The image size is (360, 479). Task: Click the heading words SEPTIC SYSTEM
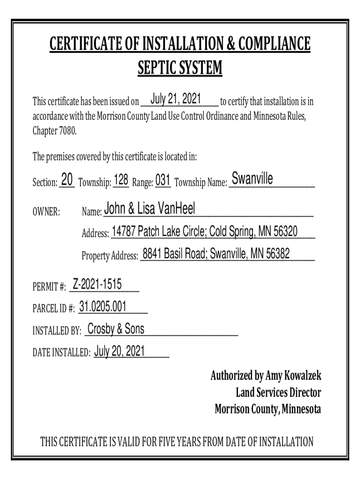(x=180, y=69)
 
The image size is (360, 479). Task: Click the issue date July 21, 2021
(x=176, y=99)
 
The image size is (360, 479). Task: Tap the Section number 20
(x=67, y=179)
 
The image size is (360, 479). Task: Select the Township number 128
(x=121, y=179)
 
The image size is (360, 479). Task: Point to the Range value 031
(x=162, y=179)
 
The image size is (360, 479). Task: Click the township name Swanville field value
(x=252, y=179)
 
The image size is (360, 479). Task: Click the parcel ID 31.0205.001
(x=103, y=306)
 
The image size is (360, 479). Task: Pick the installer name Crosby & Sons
(x=116, y=329)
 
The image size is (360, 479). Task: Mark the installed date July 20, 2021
(x=119, y=351)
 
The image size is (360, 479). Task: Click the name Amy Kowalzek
(x=293, y=376)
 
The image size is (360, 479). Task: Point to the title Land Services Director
(x=279, y=393)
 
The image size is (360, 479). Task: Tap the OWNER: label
(x=46, y=212)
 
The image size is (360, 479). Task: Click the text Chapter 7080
(x=54, y=131)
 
